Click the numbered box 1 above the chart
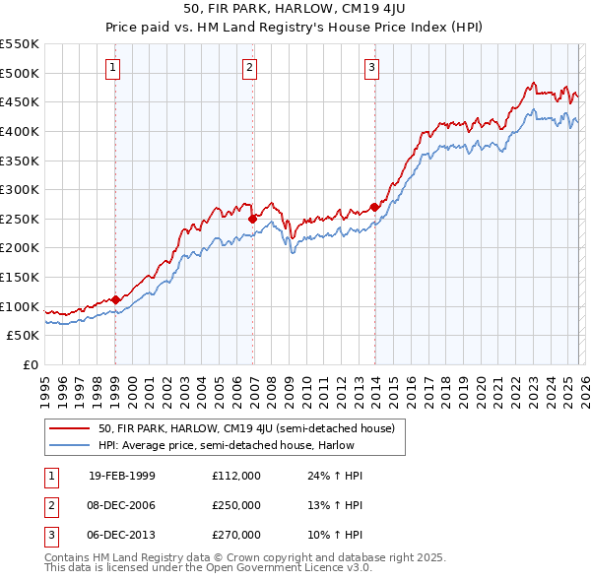tap(113, 68)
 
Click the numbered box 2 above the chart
tap(250, 68)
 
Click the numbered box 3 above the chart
tap(371, 68)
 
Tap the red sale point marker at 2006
tap(252, 219)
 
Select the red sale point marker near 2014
tap(374, 207)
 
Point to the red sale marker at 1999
tap(115, 299)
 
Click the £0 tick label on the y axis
tap(32, 364)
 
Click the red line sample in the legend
tap(70, 428)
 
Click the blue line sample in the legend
tap(70, 445)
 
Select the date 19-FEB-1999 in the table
tap(122, 476)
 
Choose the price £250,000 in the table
tap(236, 505)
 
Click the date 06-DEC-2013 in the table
tap(122, 535)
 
